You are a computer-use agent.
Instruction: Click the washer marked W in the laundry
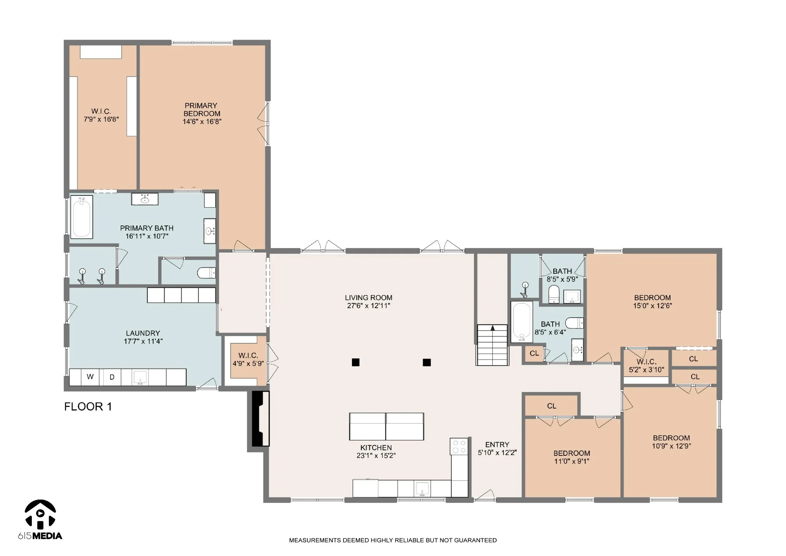tap(90, 377)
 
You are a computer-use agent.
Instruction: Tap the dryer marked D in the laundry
tap(112, 377)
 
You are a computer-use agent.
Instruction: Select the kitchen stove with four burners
tap(459, 446)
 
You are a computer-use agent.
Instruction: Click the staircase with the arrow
tap(493, 345)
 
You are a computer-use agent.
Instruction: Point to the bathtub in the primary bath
tap(82, 217)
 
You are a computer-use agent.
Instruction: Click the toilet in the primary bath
tap(206, 273)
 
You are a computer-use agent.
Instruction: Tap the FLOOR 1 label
tap(88, 407)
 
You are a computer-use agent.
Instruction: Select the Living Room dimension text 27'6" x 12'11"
tap(368, 306)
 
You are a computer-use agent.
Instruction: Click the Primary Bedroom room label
tap(201, 109)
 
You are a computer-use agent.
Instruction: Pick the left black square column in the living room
tap(356, 362)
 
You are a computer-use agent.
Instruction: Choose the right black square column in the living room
tap(427, 362)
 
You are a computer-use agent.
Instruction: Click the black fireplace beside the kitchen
tap(261, 419)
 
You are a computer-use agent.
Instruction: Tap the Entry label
tap(497, 445)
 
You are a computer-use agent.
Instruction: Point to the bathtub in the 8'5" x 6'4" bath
tap(522, 322)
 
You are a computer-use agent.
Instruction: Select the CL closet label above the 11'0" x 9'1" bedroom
tap(552, 406)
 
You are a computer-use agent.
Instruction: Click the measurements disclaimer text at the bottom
tap(393, 540)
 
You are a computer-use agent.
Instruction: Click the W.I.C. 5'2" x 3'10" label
tap(646, 366)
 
